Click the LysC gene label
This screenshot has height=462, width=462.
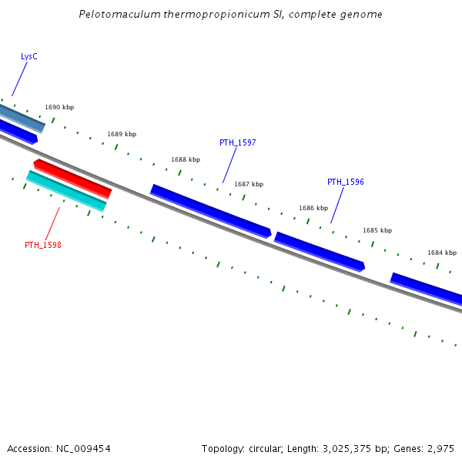(29, 56)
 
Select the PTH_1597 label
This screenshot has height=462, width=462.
(237, 142)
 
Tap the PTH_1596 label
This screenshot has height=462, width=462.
(345, 182)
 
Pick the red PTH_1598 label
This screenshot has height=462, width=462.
(42, 245)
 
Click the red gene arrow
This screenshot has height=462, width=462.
(73, 178)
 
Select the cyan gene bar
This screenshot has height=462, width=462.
(66, 190)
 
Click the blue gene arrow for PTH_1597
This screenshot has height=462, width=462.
(210, 210)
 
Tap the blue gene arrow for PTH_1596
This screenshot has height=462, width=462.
(320, 251)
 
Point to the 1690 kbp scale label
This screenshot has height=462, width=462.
(59, 107)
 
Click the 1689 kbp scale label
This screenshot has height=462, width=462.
(122, 134)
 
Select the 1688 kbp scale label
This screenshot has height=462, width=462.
(186, 159)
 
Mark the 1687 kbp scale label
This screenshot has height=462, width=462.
(249, 184)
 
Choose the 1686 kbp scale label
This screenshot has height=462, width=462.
(313, 208)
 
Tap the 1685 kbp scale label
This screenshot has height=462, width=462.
(377, 230)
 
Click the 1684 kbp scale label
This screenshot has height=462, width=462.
(442, 253)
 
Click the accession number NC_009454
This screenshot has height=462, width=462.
(84, 448)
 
